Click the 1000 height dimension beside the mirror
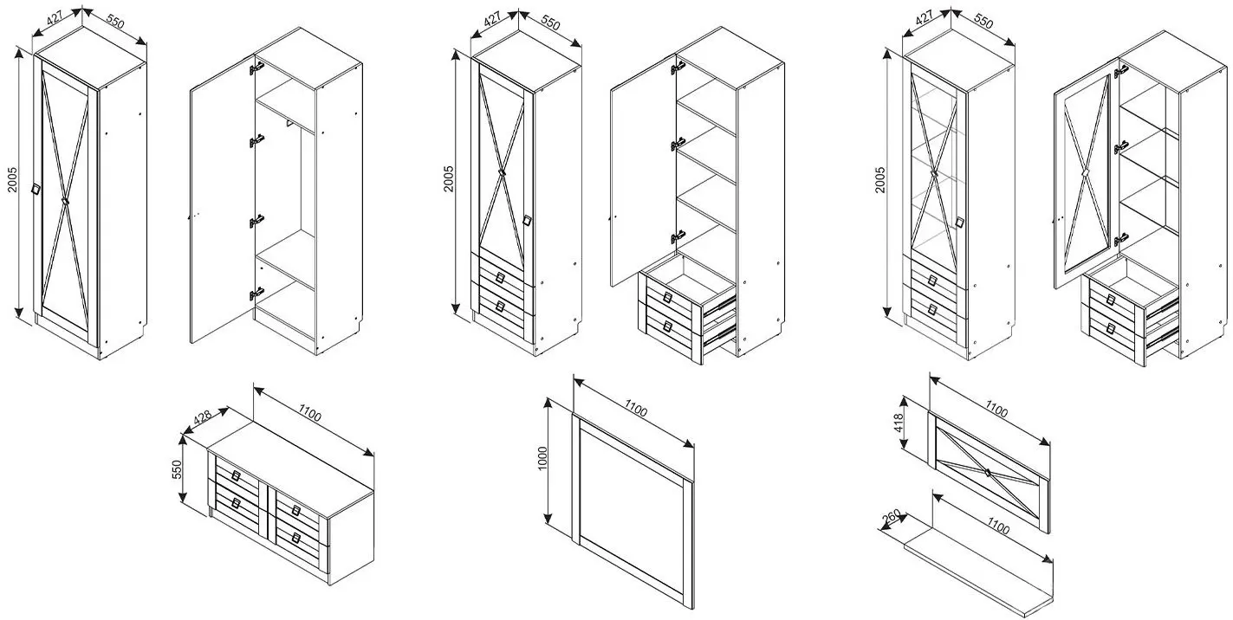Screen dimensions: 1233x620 (542, 458)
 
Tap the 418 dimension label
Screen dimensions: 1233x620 (900, 423)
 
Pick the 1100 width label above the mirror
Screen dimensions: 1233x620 (636, 410)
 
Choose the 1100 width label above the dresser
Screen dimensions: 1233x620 (310, 413)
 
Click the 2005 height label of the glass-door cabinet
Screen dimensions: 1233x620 (880, 179)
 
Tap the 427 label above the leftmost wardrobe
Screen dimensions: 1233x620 (55, 19)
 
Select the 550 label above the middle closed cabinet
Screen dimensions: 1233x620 (550, 23)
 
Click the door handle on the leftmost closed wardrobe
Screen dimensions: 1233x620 (36, 189)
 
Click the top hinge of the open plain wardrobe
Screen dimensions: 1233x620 (256, 68)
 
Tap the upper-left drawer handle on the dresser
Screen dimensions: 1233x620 (237, 475)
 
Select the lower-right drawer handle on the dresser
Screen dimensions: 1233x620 (296, 538)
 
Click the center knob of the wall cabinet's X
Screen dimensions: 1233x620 (988, 472)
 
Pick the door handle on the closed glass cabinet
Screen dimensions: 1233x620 (960, 222)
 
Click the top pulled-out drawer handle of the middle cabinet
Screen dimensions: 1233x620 (668, 298)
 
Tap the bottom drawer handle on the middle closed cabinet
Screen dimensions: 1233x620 (500, 307)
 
